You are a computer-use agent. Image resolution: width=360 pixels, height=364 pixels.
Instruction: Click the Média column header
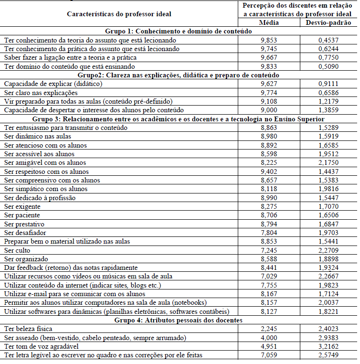tap(269, 22)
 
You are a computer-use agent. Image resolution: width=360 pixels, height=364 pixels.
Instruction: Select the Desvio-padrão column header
tap(328, 22)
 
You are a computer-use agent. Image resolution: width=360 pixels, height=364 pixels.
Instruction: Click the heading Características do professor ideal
tap(119, 14)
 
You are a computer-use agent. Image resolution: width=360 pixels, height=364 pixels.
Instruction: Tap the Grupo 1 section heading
tap(179, 31)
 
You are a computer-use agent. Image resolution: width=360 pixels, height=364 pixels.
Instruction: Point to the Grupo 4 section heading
tap(179, 320)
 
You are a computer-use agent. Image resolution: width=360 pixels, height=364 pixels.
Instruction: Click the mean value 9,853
tap(269, 40)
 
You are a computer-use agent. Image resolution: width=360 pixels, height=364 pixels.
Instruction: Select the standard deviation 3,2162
tap(328, 346)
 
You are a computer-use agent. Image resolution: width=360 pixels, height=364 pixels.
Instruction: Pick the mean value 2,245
tap(269, 329)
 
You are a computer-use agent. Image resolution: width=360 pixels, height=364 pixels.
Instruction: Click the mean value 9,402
tap(269, 171)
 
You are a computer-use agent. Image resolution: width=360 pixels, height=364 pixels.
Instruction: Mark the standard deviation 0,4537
tap(328, 40)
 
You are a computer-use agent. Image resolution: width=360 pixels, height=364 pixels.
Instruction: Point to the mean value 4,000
tap(269, 338)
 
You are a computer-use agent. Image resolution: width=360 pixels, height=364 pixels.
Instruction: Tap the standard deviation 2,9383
tap(328, 338)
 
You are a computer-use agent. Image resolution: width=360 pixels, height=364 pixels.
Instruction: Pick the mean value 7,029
tap(269, 276)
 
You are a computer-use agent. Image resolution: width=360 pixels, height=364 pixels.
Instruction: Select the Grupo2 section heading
tap(179, 75)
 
